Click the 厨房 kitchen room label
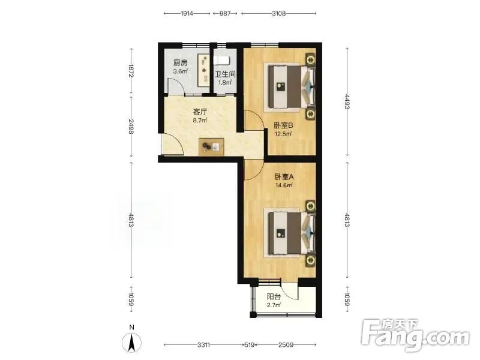pyautogui.click(x=181, y=63)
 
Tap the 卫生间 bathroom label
pyautogui.click(x=225, y=74)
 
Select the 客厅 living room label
pyautogui.click(x=200, y=112)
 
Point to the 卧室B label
pyautogui.click(x=283, y=125)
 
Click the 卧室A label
pyautogui.click(x=284, y=176)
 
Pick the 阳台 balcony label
pyautogui.click(x=274, y=296)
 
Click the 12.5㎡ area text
pyautogui.click(x=283, y=134)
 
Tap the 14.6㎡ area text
pyautogui.click(x=284, y=185)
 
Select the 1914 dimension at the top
pyautogui.click(x=187, y=13)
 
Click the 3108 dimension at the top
pyautogui.click(x=279, y=13)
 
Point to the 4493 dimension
pyautogui.click(x=347, y=101)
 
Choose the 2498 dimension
pyautogui.click(x=131, y=127)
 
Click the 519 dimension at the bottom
pyautogui.click(x=250, y=345)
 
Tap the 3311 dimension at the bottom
pyautogui.click(x=203, y=345)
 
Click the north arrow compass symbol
pyautogui.click(x=131, y=342)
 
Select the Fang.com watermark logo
pyautogui.click(x=415, y=335)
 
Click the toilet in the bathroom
pyautogui.click(x=221, y=61)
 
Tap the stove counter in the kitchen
pyautogui.click(x=203, y=70)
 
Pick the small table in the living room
pyautogui.click(x=211, y=147)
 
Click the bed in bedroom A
pyautogui.click(x=291, y=233)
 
